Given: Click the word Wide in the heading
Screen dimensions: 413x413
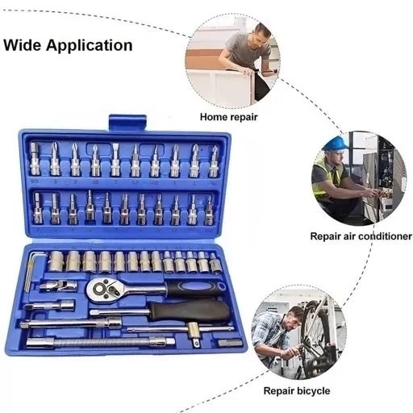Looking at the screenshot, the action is pos(22,45).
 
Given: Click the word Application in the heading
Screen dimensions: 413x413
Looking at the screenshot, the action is pos(90,46).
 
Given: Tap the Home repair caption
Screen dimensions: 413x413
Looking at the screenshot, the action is pos(228,117).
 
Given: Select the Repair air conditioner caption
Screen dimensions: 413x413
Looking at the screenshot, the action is pos(361,236).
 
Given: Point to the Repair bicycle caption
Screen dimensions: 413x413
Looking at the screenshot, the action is pos(297,391).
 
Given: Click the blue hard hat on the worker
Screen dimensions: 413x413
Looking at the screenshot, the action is pos(336,143).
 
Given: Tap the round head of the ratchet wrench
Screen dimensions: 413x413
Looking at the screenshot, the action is pos(102,290).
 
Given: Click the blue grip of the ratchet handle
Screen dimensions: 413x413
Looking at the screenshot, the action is pos(195,288).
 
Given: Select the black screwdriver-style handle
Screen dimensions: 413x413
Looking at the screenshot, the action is pos(190,311).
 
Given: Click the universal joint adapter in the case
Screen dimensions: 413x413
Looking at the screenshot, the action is pos(59,286).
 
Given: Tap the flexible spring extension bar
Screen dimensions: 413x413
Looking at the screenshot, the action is pos(100,343).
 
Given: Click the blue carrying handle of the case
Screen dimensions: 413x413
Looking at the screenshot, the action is pos(127,123).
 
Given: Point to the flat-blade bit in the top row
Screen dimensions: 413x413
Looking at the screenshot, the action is pos(115,160).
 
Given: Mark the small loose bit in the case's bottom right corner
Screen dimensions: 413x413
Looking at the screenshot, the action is pos(230,344).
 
